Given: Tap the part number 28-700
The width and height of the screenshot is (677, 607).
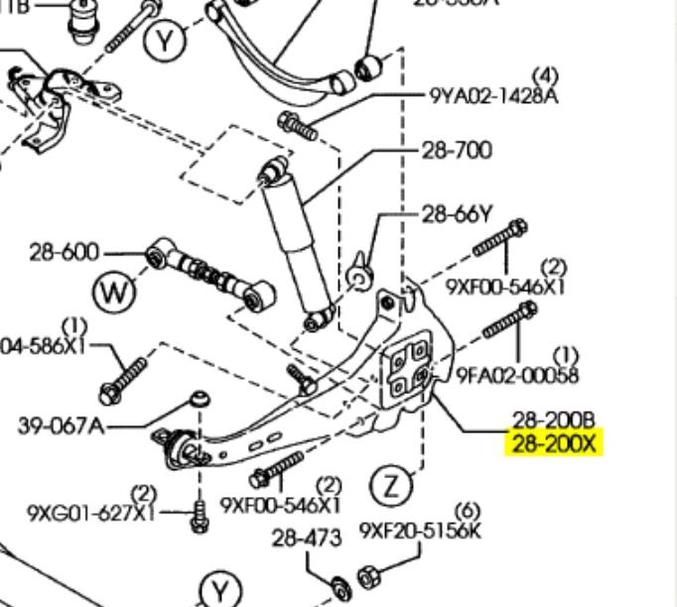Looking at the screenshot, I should [x=457, y=151].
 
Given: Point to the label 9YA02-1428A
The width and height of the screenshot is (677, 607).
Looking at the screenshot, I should [x=494, y=96].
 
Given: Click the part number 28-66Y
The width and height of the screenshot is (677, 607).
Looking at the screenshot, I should [x=458, y=213].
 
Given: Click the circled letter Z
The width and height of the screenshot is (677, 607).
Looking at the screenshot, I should [x=392, y=486].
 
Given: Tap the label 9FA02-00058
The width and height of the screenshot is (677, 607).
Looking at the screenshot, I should [x=517, y=375].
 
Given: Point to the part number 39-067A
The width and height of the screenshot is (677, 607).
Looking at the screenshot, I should [x=61, y=426].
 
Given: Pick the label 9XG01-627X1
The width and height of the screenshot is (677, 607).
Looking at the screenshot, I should [x=91, y=513].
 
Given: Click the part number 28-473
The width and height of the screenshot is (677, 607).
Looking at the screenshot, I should [x=307, y=538].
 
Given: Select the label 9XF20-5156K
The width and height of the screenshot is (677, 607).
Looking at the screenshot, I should [x=420, y=530].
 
